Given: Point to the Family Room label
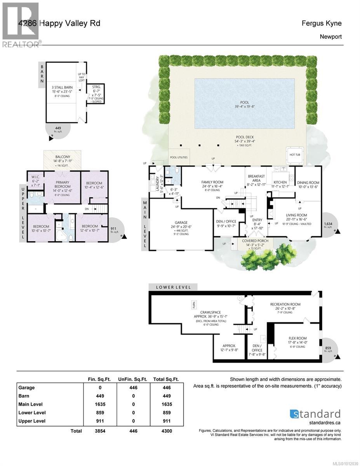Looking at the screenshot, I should coord(212,182).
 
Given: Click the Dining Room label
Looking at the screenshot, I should coord(308,183).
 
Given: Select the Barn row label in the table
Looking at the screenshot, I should coord(24,396).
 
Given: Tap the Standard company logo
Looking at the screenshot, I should coord(315,414).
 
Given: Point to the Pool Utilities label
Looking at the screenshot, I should coord(179,157).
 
